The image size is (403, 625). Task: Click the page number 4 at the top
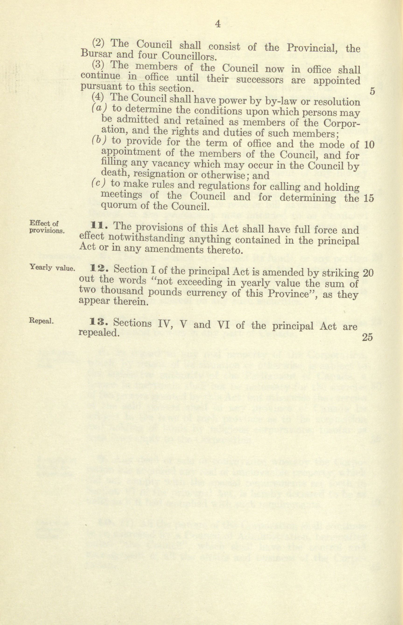(217, 24)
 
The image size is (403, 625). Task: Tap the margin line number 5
(373, 91)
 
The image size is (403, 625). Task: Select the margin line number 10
(369, 145)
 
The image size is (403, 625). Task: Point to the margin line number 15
(369, 198)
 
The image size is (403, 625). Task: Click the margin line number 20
(368, 273)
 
